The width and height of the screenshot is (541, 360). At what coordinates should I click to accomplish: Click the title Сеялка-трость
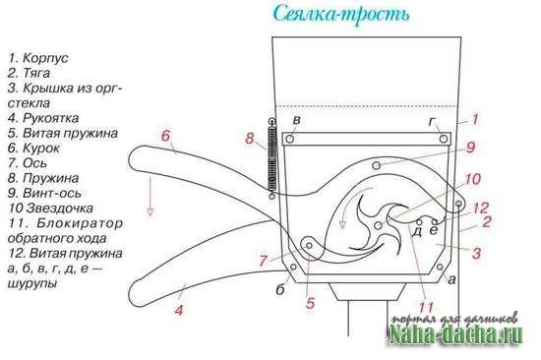tap(341, 14)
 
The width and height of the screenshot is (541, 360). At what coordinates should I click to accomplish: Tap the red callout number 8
tap(250, 139)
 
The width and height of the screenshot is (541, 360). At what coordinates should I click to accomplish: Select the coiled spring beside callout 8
tap(272, 158)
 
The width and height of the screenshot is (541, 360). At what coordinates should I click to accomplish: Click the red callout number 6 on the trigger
tap(165, 136)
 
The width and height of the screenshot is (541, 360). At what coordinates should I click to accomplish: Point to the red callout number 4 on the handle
tap(179, 310)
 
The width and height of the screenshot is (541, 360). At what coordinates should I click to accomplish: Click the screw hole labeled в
tap(290, 140)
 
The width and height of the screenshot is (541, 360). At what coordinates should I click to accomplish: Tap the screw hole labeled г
tap(444, 139)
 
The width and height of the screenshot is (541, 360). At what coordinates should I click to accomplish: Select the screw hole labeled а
tap(440, 267)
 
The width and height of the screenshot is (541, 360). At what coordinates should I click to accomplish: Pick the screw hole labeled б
tap(294, 267)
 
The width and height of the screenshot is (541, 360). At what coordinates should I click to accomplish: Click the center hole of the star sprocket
tap(378, 225)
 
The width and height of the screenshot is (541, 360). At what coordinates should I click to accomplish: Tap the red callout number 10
tap(472, 179)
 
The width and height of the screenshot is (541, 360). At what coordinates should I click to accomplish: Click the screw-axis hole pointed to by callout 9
tap(377, 165)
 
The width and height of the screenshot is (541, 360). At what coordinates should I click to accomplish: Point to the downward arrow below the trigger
tap(150, 196)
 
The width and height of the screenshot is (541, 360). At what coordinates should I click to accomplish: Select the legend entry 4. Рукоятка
tap(43, 118)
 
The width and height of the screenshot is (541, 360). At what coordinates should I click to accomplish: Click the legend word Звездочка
tap(60, 209)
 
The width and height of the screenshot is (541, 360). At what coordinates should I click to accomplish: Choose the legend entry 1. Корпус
tap(38, 58)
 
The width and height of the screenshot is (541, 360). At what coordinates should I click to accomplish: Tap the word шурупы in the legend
tap(32, 283)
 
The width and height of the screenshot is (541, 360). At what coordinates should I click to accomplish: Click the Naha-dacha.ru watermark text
tap(455, 334)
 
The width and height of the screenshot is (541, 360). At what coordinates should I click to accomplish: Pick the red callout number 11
tap(426, 308)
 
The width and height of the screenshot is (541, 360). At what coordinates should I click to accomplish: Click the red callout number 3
tap(476, 253)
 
